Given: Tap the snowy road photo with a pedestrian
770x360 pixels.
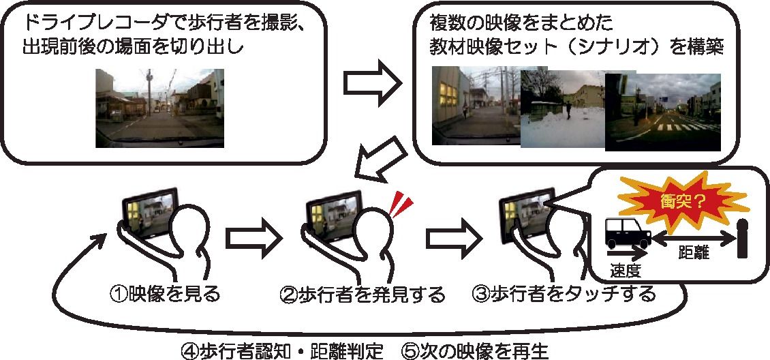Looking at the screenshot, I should [563, 112].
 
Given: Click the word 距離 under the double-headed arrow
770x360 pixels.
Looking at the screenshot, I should [694, 254].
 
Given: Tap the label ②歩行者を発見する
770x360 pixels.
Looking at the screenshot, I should [363, 295].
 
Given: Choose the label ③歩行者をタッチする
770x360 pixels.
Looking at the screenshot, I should [564, 295].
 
